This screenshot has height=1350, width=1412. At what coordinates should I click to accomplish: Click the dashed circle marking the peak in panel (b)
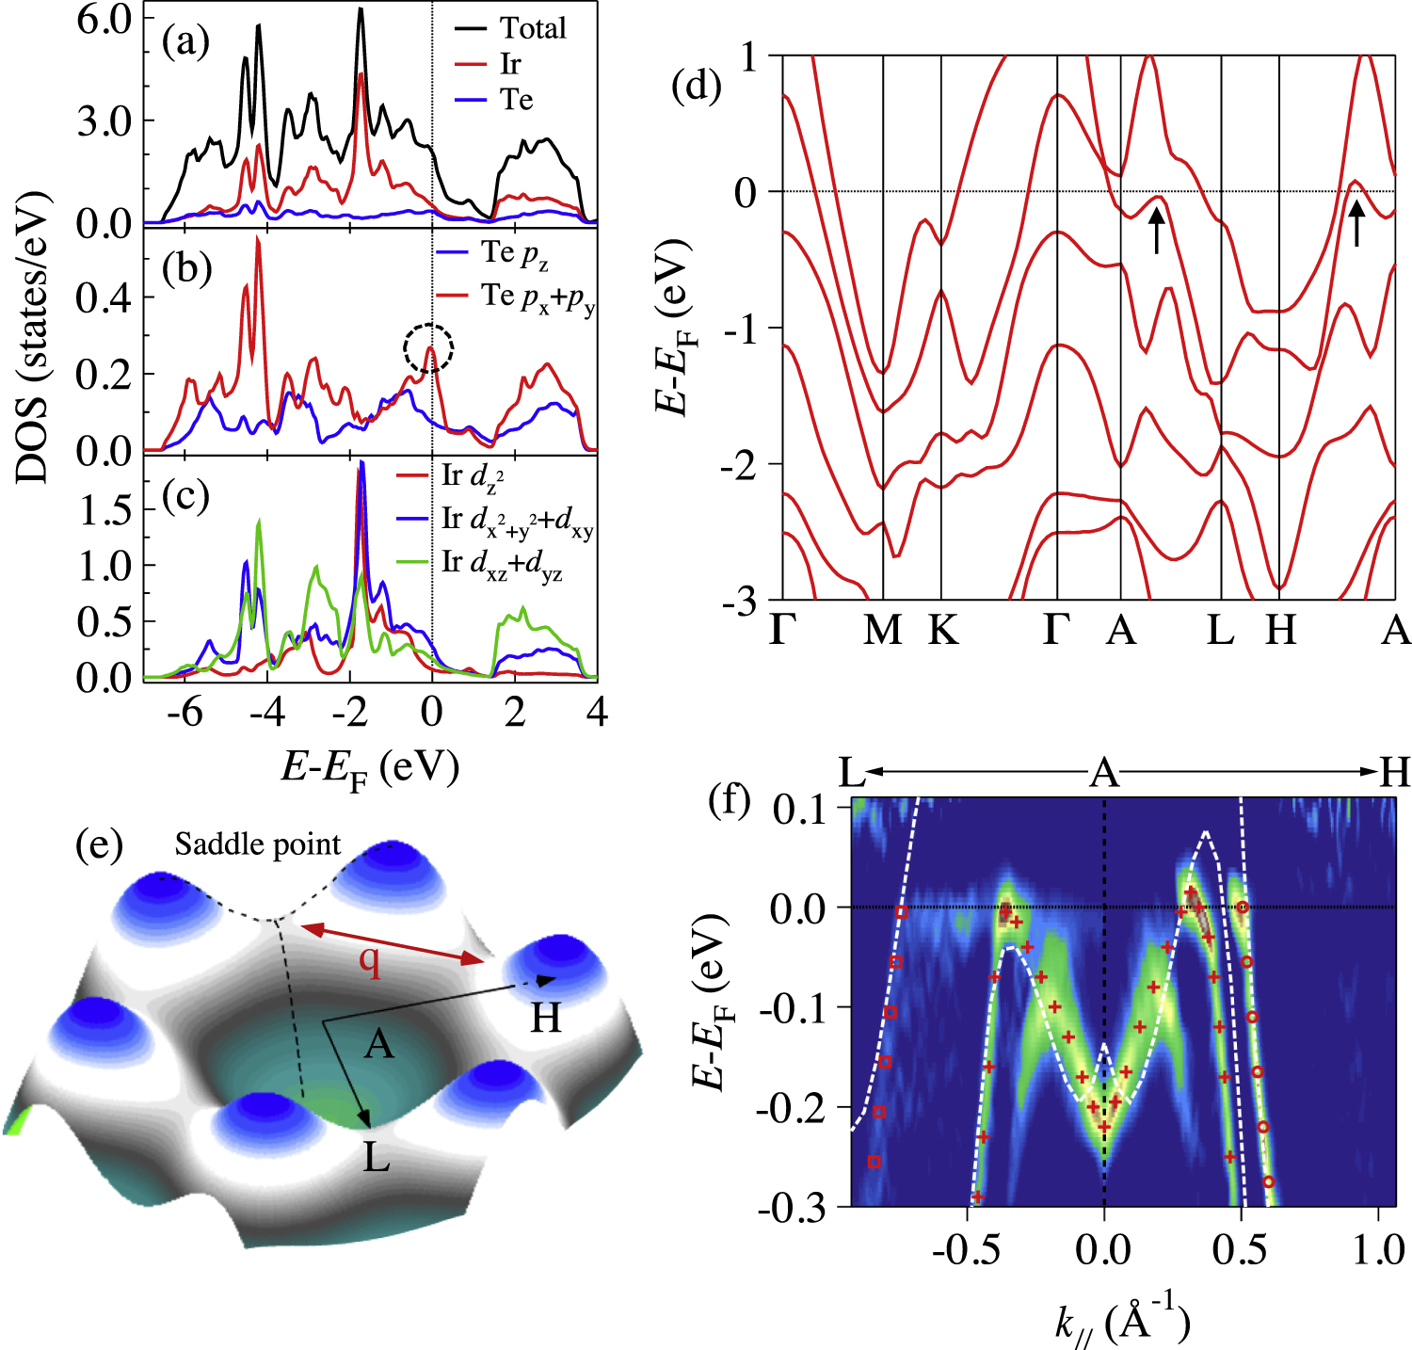[429, 348]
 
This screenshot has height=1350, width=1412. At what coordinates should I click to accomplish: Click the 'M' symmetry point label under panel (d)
[883, 630]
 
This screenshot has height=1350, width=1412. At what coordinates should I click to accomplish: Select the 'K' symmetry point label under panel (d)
[942, 630]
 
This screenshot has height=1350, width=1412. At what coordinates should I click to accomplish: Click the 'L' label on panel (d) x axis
[1221, 630]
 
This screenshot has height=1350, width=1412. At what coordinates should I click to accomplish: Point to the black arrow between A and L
[1157, 229]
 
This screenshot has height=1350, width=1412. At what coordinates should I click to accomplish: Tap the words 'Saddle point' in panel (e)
[258, 844]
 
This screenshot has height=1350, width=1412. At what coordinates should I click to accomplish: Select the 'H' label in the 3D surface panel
[546, 1017]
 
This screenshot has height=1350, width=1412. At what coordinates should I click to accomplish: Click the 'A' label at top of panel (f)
[1104, 774]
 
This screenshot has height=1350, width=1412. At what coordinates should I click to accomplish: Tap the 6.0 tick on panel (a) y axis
[104, 19]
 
